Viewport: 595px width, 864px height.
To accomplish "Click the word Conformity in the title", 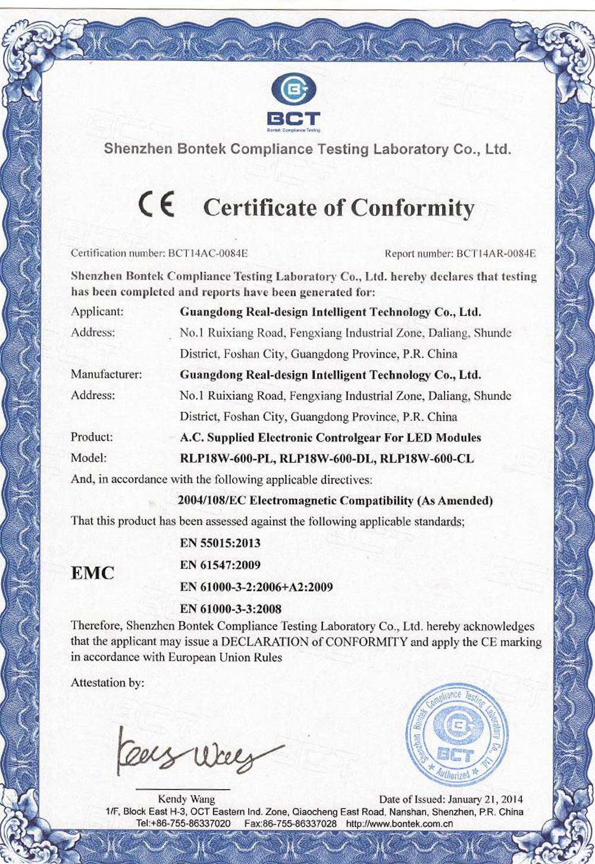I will click(x=412, y=208).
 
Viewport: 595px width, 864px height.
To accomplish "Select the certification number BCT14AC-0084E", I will click(x=208, y=253).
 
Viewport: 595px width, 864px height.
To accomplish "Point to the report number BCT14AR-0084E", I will click(x=496, y=253).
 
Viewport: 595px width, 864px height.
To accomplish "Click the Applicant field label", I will click(x=97, y=311).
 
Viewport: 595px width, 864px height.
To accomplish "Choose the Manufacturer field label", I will click(x=106, y=374).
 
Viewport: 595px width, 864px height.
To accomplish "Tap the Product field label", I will click(x=92, y=437).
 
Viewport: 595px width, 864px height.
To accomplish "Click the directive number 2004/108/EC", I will click(x=212, y=500).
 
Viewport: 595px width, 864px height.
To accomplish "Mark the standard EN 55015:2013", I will click(x=220, y=543).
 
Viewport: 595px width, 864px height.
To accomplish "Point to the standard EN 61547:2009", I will click(x=220, y=565).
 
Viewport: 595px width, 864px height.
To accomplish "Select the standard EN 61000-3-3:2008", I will click(x=230, y=609).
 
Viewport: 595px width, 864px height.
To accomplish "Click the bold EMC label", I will click(x=92, y=574).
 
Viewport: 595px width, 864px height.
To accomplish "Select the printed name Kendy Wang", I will click(x=186, y=799).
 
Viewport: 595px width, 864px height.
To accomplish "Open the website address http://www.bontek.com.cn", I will click(x=400, y=824).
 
